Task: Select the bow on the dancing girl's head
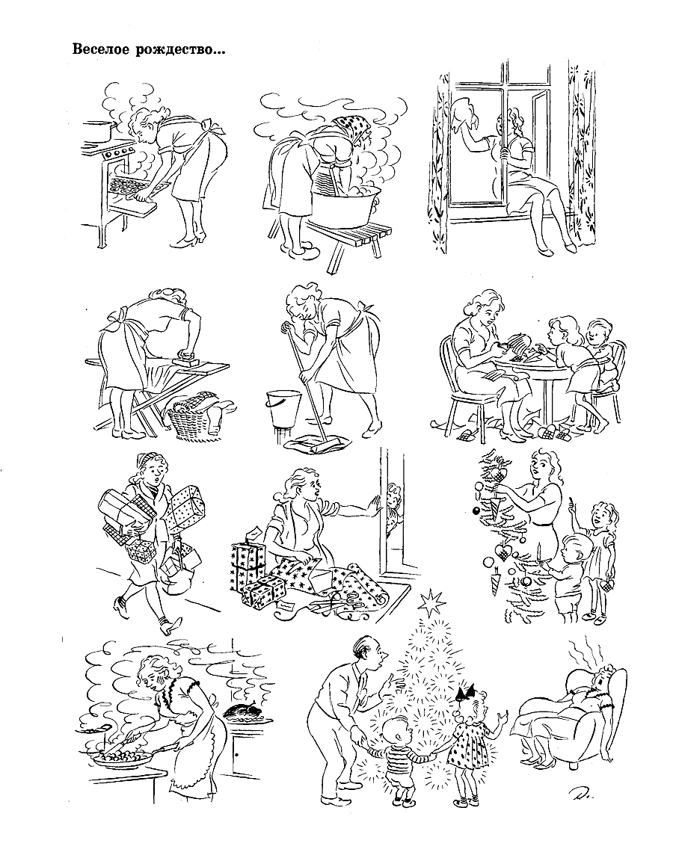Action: click(466, 691)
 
